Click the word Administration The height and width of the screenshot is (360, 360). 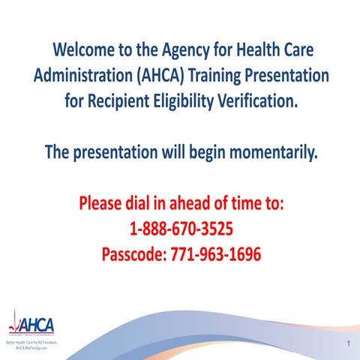pos(80,76)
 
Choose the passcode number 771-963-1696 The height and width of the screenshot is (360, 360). pos(217,254)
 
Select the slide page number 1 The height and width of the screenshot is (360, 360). pos(349,343)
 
